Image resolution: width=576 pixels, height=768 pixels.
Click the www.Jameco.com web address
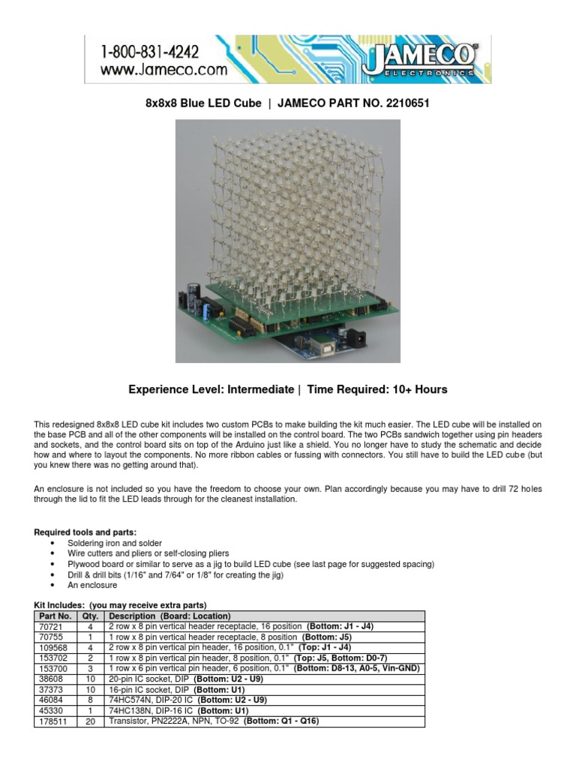[x=162, y=70]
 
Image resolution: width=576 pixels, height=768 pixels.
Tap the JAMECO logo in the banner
[x=418, y=59]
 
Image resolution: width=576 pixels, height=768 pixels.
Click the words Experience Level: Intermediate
[x=211, y=389]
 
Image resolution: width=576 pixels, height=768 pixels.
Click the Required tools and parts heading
[x=85, y=532]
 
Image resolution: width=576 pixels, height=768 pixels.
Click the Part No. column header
[x=54, y=616]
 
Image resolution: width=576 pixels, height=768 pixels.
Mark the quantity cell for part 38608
[x=91, y=679]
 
